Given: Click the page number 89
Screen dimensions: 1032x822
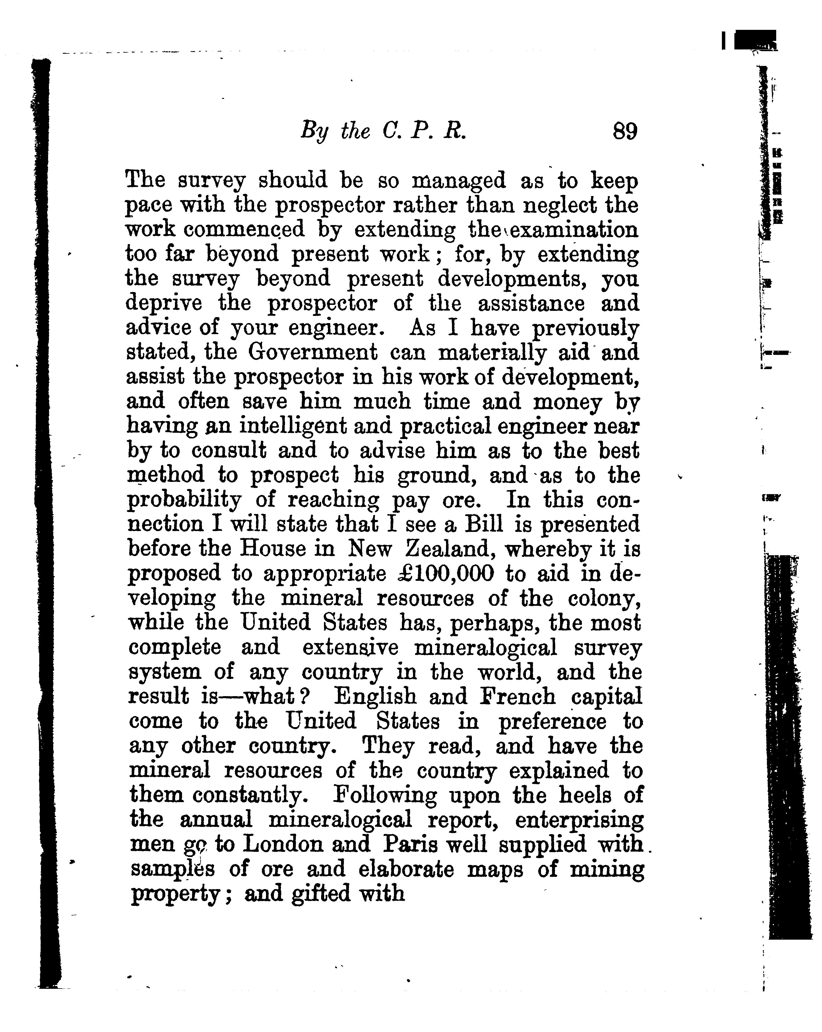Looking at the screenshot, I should (x=625, y=131).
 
